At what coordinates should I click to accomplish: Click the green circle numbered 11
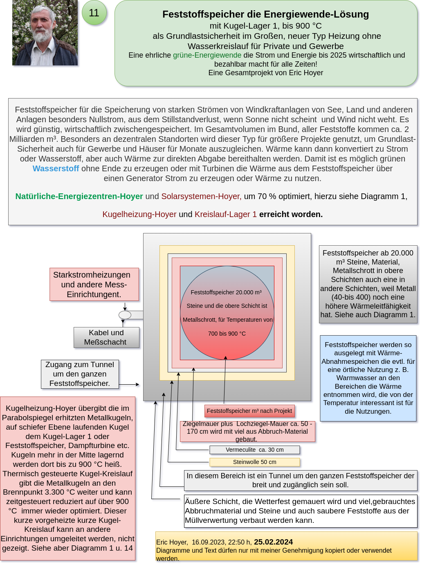click(x=94, y=13)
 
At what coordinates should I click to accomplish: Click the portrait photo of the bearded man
click(x=45, y=33)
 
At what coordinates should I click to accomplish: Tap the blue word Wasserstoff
click(x=56, y=168)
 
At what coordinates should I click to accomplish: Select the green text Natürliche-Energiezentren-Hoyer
click(x=79, y=196)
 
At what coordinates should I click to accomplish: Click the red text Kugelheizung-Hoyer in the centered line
click(x=139, y=214)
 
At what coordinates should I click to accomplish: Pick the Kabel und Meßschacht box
click(x=106, y=337)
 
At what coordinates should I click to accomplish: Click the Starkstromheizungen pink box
click(x=94, y=285)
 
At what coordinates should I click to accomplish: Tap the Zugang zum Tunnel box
click(x=80, y=374)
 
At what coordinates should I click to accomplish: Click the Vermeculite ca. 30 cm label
click(x=254, y=450)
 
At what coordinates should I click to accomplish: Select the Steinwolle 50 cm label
click(x=254, y=462)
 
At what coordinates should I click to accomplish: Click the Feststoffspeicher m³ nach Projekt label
click(x=249, y=411)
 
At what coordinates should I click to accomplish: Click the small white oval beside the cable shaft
click(x=125, y=315)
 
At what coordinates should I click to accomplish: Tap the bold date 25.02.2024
click(x=273, y=542)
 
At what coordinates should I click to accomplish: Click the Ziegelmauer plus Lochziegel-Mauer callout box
click(x=247, y=431)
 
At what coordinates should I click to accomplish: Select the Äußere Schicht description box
click(x=301, y=511)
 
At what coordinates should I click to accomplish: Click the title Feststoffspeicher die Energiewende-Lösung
click(x=265, y=14)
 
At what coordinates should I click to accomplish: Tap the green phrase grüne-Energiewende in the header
click(x=207, y=55)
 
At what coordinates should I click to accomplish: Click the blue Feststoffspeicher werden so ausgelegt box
click(x=368, y=378)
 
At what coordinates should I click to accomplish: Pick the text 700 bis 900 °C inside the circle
click(x=227, y=334)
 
